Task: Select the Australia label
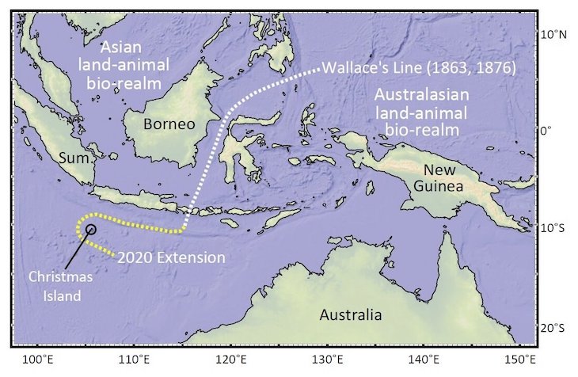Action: point(350,314)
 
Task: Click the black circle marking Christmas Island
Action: point(90,229)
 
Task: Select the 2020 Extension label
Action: point(171,257)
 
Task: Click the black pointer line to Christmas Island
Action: point(74,246)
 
